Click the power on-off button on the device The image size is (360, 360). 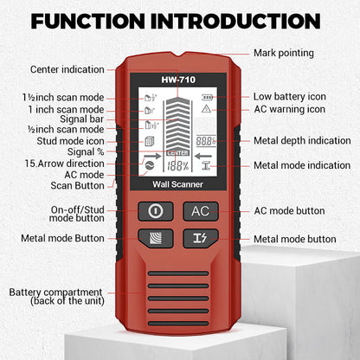[156, 211]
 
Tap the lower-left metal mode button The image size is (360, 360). [156, 238]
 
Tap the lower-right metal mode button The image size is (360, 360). [201, 238]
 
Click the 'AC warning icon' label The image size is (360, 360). [290, 109]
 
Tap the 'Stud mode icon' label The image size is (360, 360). [74, 141]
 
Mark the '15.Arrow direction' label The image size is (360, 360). [65, 163]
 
